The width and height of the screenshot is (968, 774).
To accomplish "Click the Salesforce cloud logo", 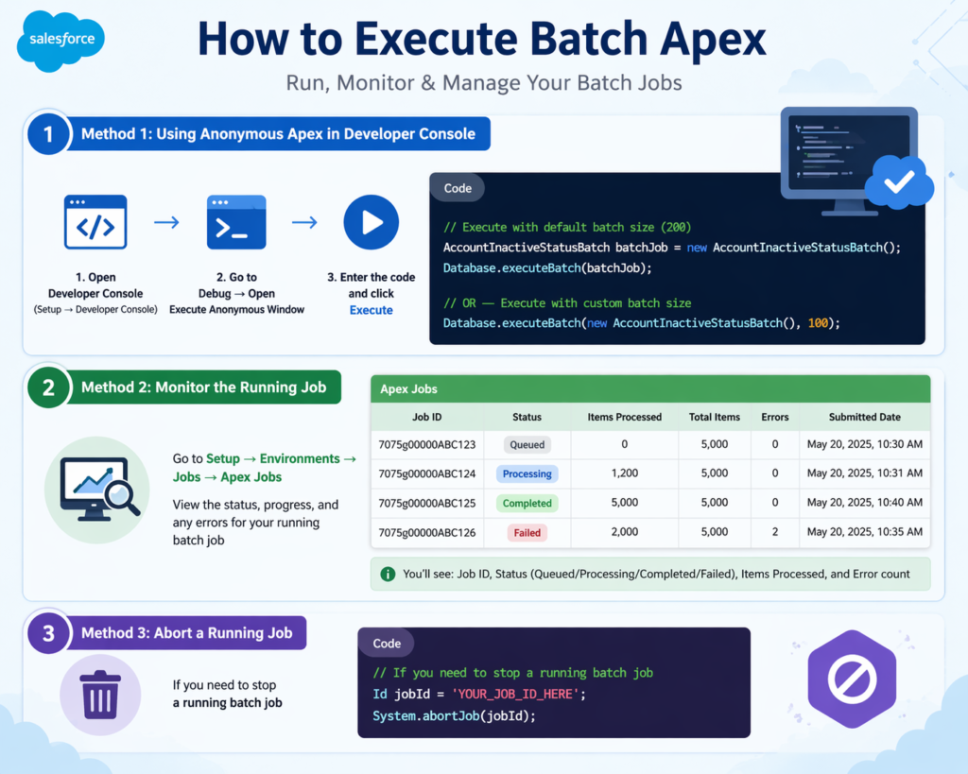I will coord(60,41).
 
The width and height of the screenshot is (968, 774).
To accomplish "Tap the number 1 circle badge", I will coord(49,134).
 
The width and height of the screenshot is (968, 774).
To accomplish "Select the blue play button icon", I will coord(371,223).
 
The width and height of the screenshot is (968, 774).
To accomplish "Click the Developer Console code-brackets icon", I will coord(95,223).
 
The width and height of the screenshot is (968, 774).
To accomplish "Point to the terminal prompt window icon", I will coord(235,223).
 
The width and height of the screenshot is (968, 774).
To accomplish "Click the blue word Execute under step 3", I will coord(371,310).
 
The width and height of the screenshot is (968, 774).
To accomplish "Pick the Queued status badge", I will coord(527,444).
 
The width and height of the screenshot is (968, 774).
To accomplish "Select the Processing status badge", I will coord(527,473).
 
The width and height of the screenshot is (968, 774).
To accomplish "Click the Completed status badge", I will coord(527,503).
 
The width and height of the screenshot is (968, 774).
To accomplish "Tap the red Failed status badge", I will coord(527,533).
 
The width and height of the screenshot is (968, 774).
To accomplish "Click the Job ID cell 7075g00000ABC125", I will coord(427,503).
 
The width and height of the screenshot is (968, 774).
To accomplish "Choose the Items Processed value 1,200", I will coord(625,473).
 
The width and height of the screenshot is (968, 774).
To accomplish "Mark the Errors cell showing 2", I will coord(775,533).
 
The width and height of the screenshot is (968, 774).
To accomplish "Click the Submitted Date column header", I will coord(864,417).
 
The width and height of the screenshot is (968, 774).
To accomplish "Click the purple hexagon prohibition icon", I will coord(853,679).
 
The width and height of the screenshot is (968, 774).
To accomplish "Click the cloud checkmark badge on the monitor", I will coord(898,182).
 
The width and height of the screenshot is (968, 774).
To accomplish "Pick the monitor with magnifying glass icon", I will coord(97,489).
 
